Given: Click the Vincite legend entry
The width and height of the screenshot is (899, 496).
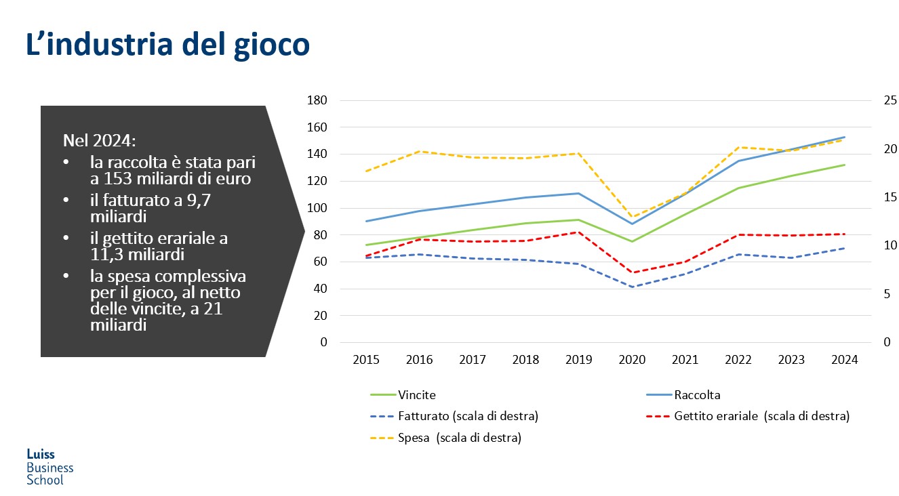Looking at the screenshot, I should point(417,395).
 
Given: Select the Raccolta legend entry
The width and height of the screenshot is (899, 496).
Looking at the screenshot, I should point(696,395).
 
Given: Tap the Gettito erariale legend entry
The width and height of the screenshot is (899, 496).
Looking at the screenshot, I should point(761,416).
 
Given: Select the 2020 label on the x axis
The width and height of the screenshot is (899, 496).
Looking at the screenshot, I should point(633,360).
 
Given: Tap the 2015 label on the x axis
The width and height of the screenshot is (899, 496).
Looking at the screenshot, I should point(366,360).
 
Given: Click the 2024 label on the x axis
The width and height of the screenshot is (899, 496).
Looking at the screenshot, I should point(845,360).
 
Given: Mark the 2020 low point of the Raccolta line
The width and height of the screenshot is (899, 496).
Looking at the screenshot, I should point(633,224).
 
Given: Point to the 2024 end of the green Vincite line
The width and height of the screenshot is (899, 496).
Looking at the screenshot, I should point(845,165).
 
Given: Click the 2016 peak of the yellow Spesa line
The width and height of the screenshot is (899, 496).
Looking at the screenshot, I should point(420,151).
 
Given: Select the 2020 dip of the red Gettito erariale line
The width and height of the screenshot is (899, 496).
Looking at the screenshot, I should point(633,273).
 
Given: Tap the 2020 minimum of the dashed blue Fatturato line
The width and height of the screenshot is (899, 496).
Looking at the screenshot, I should point(633,287).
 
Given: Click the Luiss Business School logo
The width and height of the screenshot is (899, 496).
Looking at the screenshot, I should point(49,467).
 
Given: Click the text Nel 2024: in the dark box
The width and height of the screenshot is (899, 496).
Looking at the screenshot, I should point(99,141).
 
